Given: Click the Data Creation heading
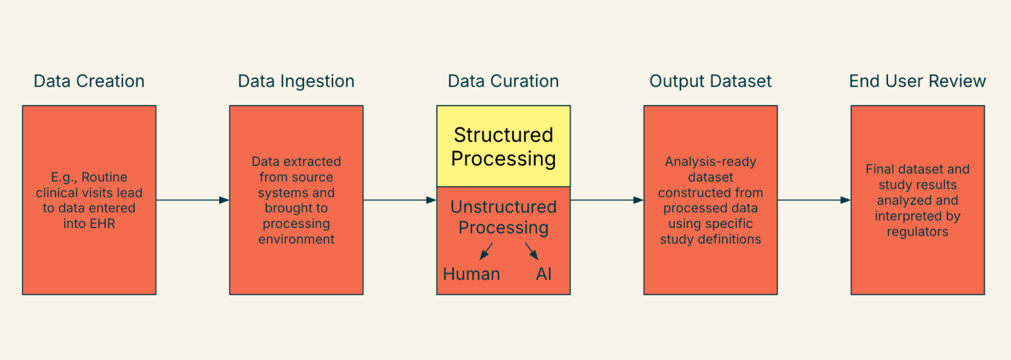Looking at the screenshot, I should point(89,81).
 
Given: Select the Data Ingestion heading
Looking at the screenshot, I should point(296,81).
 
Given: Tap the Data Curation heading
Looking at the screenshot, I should point(503,81).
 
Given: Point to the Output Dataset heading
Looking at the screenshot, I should point(710,81).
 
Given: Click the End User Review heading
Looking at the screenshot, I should point(917,81).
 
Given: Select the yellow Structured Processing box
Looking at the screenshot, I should point(503,147).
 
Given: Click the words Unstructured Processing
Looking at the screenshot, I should point(503,217).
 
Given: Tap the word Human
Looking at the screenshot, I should point(471,274).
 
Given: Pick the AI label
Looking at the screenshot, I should point(544,274).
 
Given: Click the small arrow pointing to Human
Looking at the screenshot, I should point(486,251).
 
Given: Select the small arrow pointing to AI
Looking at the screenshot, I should point(532,251).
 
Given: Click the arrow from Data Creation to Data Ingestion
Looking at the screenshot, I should point(192,200).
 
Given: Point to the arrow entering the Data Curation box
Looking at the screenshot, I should point(400,200).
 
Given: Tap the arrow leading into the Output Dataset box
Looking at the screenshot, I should point(606,200).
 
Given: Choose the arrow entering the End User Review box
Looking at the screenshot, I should point(814,200).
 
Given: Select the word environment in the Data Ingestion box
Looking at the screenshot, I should point(296,239).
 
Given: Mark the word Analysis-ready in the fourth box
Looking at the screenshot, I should point(710,161).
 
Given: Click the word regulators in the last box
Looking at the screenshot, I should point(917,232).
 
